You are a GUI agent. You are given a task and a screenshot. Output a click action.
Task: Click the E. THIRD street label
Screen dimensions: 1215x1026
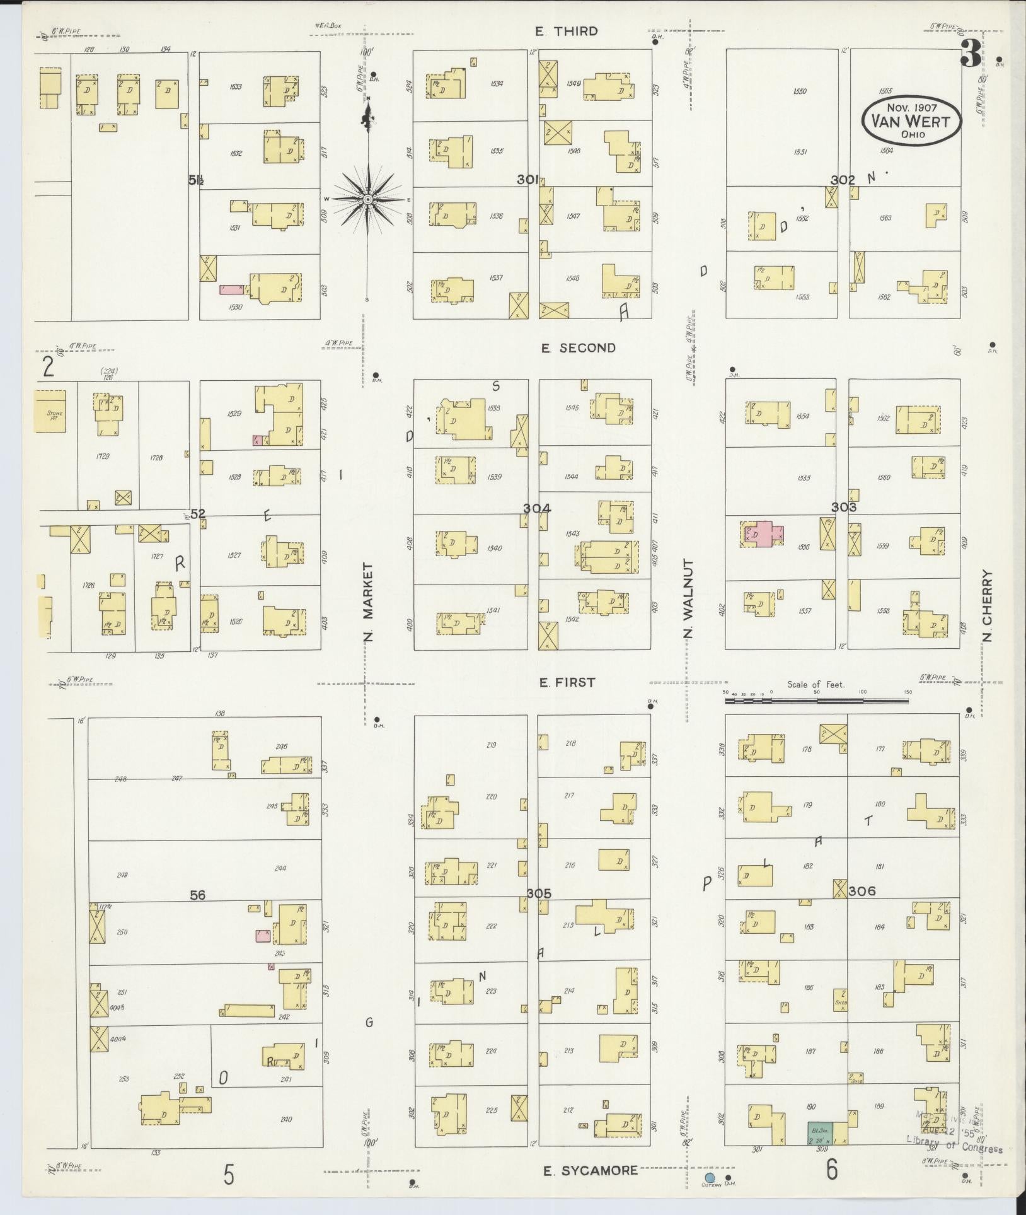coord(566,31)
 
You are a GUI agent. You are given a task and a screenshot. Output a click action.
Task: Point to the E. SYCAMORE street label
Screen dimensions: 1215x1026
coord(591,1171)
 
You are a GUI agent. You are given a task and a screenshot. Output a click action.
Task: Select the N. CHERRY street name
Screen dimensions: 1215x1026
coord(986,606)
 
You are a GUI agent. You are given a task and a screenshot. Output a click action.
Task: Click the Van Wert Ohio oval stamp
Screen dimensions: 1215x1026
coord(912,119)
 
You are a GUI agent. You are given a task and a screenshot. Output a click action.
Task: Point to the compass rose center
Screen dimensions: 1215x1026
coord(367,199)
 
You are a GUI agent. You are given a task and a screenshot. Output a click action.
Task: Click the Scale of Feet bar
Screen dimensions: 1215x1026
coord(817,699)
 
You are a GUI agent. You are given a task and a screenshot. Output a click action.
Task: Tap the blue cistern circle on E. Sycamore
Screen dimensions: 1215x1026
coord(710,1178)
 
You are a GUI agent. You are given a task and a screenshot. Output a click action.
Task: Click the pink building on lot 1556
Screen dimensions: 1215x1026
coord(764,533)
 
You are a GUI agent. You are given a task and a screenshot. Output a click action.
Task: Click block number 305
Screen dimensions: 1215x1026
coord(539,893)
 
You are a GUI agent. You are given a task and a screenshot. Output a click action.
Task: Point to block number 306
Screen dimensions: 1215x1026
coord(862,891)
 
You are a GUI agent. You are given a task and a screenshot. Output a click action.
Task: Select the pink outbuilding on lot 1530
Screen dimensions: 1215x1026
coord(231,289)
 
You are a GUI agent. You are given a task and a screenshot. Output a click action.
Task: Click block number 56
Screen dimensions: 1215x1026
coord(198,895)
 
